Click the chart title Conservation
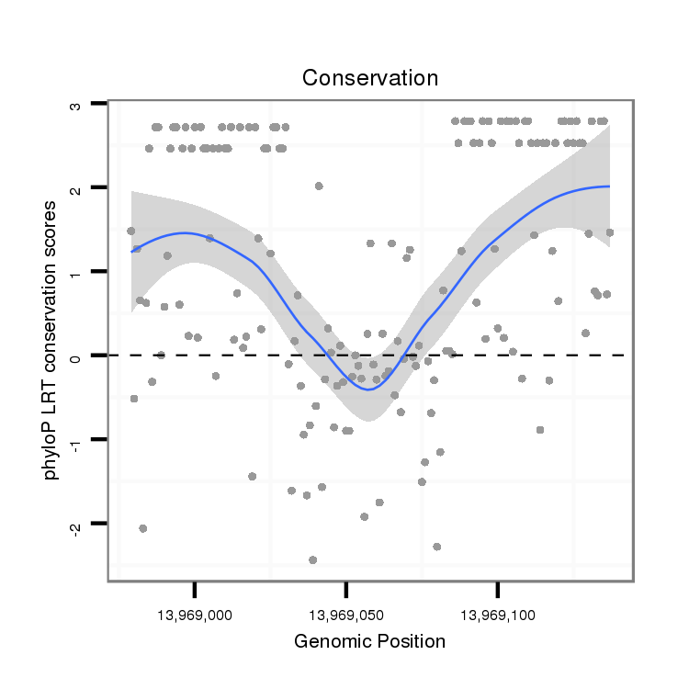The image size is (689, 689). [370, 78]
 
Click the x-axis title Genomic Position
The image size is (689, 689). [369, 641]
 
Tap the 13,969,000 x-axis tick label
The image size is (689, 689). [195, 612]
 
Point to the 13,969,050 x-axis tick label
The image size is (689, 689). [345, 612]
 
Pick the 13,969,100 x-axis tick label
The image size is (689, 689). [497, 612]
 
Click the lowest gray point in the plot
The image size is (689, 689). [313, 559]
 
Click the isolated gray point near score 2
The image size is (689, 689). [319, 186]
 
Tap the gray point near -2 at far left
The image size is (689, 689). [142, 528]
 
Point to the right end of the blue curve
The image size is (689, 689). [608, 186]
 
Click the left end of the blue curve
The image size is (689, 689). [132, 250]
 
